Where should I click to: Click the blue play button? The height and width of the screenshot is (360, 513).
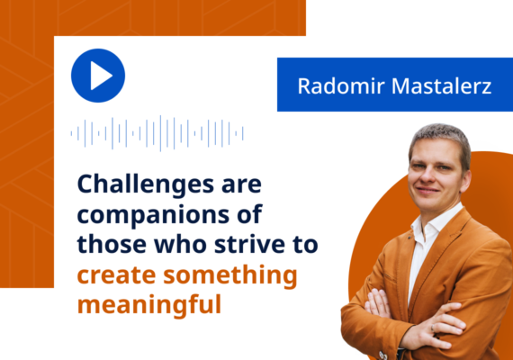[x=97, y=76]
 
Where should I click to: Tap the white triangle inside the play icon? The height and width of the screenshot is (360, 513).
[x=100, y=76]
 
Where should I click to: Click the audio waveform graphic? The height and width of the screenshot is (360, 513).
[x=157, y=134]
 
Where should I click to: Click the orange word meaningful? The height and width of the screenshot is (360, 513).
[x=148, y=303]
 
